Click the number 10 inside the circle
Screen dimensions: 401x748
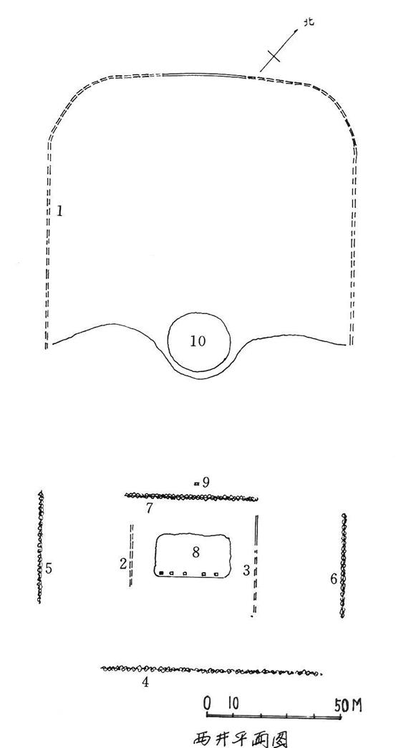[x=198, y=341]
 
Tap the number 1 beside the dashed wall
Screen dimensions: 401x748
[x=59, y=211]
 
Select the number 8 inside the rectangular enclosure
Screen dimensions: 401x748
[x=195, y=552]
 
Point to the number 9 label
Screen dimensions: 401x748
[x=206, y=482]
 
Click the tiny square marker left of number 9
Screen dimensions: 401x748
[x=196, y=483]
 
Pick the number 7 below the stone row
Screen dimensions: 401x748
[x=149, y=508]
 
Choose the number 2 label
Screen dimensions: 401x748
[x=123, y=564]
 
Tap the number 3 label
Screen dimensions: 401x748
[x=246, y=570]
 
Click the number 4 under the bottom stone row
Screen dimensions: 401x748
[x=145, y=683]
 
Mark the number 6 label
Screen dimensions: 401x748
[x=334, y=579]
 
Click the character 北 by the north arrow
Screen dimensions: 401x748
[x=309, y=22]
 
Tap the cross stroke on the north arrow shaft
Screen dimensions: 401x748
[x=274, y=56]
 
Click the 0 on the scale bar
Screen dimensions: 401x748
[x=208, y=703]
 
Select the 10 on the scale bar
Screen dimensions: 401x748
[x=233, y=703]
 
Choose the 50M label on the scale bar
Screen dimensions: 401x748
[x=348, y=705]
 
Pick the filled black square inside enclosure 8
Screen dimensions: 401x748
[x=162, y=573]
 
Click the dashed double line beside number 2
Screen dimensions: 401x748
[x=131, y=555]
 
